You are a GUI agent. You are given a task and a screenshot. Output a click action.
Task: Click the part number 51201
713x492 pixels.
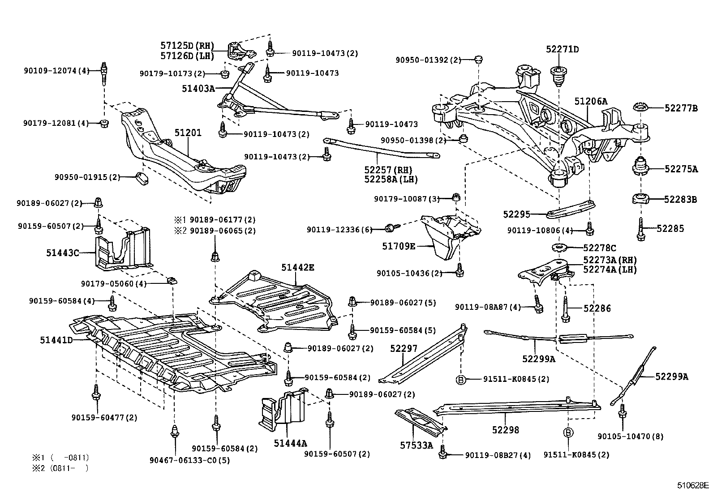(188, 133)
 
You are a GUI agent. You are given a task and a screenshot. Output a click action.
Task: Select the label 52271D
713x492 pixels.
(562, 49)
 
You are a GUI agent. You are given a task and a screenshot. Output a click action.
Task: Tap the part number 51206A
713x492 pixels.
(591, 102)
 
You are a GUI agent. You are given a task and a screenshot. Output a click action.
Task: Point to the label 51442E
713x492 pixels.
(298, 268)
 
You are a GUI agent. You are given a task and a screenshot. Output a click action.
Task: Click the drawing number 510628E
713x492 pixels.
(693, 485)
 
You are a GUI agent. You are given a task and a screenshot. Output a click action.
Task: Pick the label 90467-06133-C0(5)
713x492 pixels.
(190, 460)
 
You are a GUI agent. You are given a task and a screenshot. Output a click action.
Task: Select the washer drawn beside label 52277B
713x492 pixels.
(641, 108)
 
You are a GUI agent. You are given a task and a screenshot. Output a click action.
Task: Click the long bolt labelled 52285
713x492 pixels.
(640, 229)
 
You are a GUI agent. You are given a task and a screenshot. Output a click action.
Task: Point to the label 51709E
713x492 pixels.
(398, 246)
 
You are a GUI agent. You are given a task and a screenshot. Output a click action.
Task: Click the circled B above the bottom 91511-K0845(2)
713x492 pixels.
(568, 432)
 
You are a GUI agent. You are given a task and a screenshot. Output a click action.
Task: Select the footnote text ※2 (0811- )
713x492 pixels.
(60, 469)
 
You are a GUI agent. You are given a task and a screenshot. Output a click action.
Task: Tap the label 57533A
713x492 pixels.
(417, 445)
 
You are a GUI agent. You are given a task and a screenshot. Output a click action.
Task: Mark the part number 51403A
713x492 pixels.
(198, 89)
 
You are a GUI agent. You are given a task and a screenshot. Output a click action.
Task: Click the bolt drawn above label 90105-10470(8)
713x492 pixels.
(622, 411)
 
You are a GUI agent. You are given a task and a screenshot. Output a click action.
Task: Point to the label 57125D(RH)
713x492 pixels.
(187, 46)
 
